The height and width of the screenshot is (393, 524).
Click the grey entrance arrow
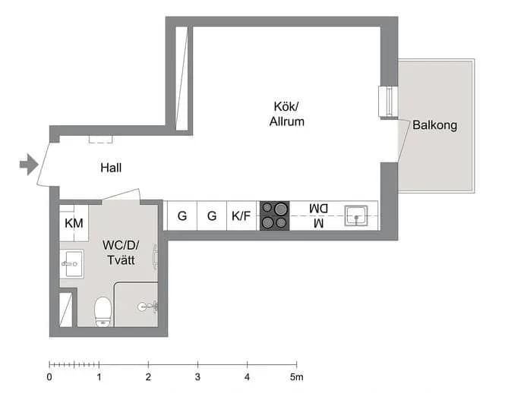[29, 165]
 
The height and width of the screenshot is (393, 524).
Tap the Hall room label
[111, 168]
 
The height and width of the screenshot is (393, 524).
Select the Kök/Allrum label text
[287, 114]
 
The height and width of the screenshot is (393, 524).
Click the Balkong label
[435, 125]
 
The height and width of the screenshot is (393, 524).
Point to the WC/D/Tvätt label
[121, 253]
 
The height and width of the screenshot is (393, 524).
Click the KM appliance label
[74, 223]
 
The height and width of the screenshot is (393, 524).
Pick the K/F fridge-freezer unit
[241, 216]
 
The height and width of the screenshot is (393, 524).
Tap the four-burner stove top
[274, 215]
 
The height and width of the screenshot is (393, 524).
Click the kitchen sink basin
[356, 215]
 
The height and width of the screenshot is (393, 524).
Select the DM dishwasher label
[318, 209]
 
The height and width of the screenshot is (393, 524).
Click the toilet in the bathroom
[103, 312]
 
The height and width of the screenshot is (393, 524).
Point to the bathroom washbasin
[72, 264]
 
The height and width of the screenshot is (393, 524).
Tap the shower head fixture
[148, 307]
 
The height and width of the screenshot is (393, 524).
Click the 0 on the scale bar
[49, 377]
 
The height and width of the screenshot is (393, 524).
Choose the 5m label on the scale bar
[296, 377]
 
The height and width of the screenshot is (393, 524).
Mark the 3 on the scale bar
[198, 377]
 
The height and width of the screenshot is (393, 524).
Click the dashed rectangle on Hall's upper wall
[100, 140]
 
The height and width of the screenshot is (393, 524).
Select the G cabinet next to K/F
[212, 216]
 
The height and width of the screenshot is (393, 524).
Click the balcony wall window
[388, 102]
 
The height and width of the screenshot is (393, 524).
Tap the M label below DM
[319, 223]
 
